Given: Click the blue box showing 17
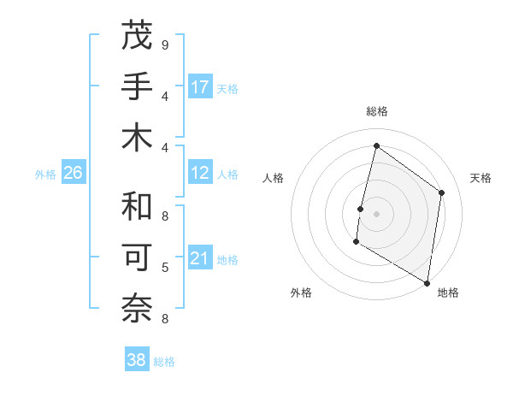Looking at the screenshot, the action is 200,86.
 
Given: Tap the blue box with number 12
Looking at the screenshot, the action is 200,173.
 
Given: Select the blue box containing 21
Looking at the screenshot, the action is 200,258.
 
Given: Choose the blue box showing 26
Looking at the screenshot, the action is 74,173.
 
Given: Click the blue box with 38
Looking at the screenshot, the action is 137,360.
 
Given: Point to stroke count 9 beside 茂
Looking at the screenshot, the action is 164,44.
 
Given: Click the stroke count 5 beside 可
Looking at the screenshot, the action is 164,267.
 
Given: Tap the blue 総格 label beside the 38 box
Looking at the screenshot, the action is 164,362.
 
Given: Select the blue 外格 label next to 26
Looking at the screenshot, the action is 45,174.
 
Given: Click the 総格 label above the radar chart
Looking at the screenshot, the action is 376,111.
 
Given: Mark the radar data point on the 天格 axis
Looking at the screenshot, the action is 442,192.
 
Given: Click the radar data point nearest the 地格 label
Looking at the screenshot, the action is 427,282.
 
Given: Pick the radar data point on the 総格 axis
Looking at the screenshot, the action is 376,145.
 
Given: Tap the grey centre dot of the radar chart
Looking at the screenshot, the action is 376,214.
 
